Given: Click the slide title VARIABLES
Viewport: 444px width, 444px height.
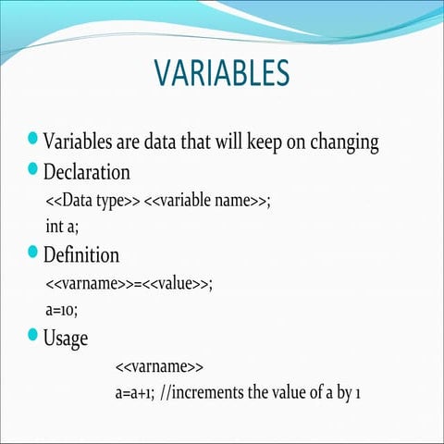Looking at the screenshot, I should pos(221,73).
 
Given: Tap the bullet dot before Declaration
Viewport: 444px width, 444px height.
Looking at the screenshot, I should pos(34,168).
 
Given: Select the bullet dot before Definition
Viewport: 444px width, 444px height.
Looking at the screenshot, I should pos(34,251).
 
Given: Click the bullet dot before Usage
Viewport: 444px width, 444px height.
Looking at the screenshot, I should pos(34,334).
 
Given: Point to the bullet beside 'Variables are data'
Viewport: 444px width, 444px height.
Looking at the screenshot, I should pos(34,140).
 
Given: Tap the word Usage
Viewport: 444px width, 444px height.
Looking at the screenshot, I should pos(66,339).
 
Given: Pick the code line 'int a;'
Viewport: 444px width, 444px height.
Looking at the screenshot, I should pos(62,226).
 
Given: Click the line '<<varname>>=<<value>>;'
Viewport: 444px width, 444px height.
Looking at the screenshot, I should pos(129,283).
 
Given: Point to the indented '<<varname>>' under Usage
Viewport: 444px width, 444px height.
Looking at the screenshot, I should pos(153,365).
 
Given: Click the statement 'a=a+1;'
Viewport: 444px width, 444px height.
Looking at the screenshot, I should pos(134,392).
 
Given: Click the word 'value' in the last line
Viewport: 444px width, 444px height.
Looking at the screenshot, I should pos(292,392).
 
